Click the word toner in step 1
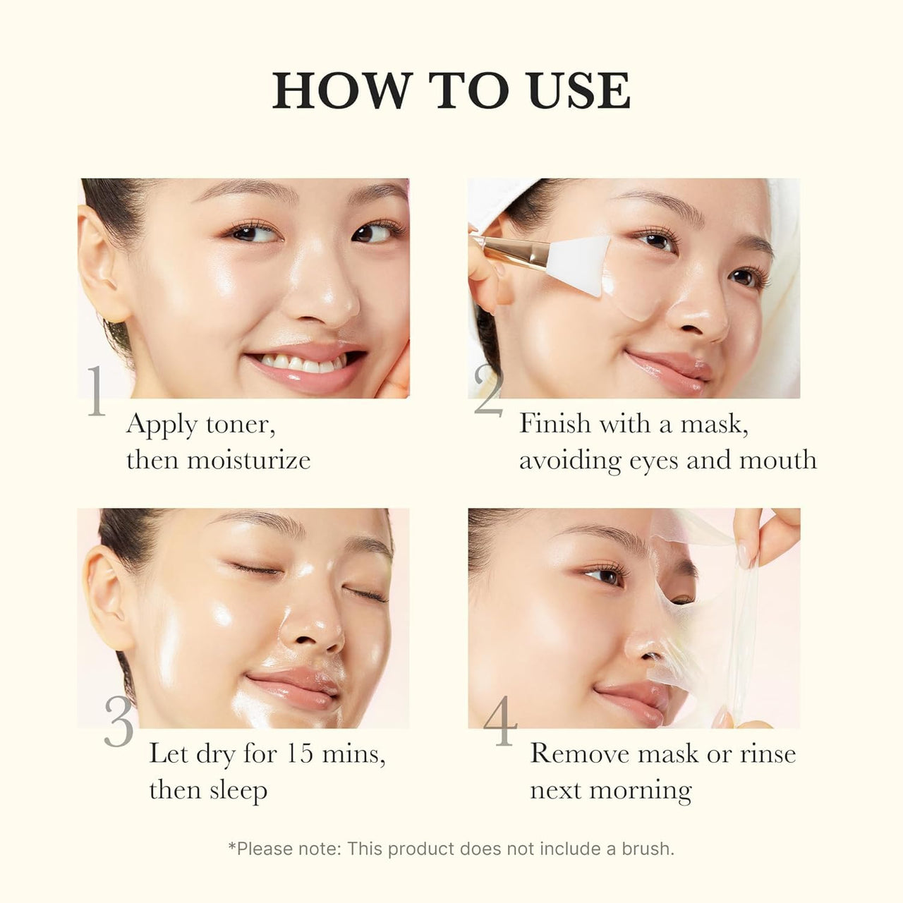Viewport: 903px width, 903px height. pos(240,425)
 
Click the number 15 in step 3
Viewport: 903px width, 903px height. pos(300,753)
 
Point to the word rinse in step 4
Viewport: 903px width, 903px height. pos(768,753)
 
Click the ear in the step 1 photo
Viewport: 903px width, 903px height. pos(99,265)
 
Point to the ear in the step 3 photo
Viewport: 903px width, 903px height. pos(106,600)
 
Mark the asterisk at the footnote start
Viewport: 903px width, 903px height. pos(232,845)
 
